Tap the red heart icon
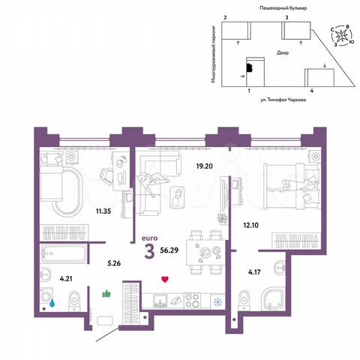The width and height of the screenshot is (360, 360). pos(165,280)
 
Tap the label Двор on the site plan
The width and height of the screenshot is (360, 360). pos(282,54)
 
